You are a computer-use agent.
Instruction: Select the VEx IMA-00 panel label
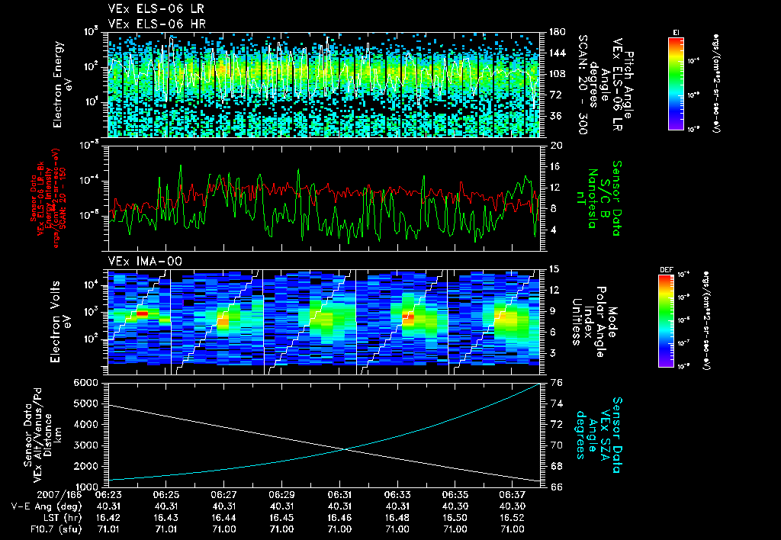click(x=137, y=261)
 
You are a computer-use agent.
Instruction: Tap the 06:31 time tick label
click(x=340, y=494)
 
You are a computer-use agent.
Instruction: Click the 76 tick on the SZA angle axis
click(x=556, y=382)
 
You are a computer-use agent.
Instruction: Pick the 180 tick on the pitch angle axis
click(x=558, y=31)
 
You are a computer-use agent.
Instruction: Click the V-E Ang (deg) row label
click(x=45, y=506)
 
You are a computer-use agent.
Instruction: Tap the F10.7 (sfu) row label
click(x=44, y=529)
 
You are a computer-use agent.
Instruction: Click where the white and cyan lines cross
click(x=346, y=448)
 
